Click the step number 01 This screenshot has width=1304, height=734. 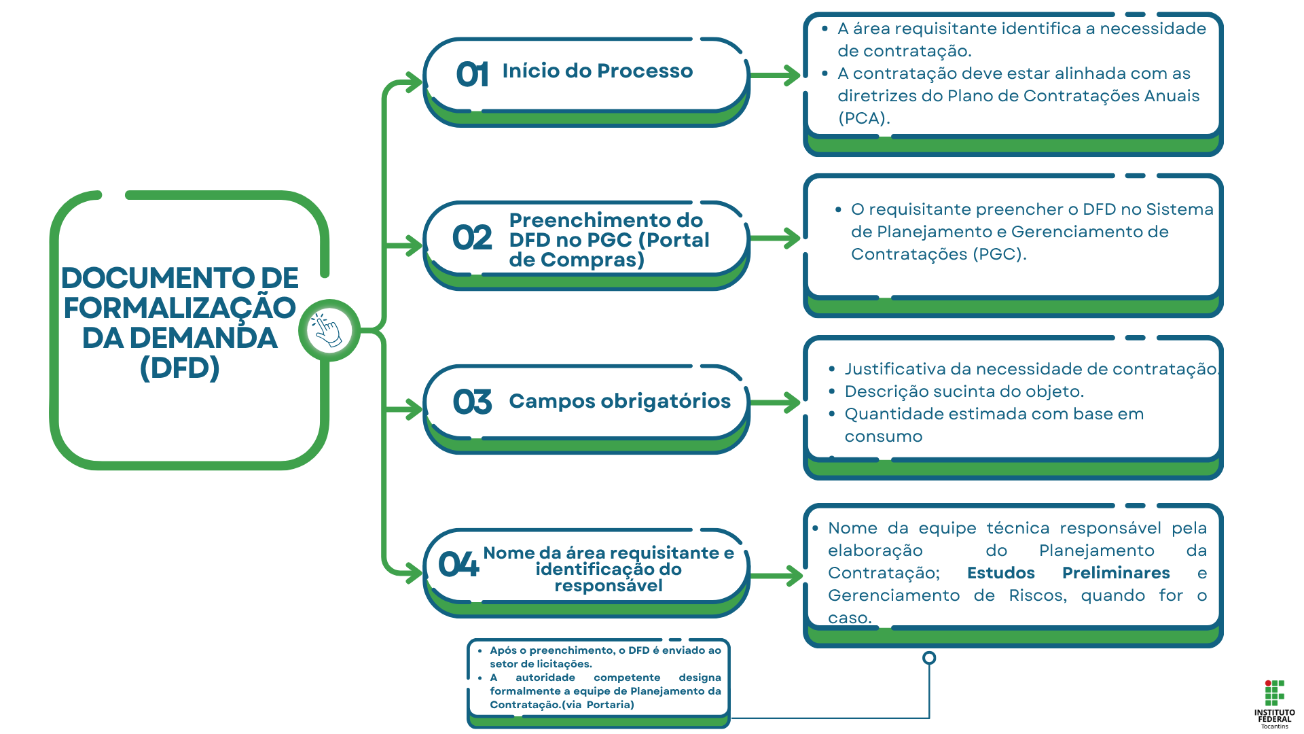click(472, 74)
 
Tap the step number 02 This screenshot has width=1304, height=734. click(472, 238)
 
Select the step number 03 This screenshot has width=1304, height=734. click(472, 402)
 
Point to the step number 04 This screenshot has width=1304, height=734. click(458, 565)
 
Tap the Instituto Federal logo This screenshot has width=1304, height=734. click(1274, 704)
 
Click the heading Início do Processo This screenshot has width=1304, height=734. click(597, 71)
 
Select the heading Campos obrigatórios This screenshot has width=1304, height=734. click(619, 401)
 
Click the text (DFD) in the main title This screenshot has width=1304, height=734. click(179, 368)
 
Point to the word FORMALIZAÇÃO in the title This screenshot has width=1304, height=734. click(179, 308)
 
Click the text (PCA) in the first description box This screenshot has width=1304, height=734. click(863, 118)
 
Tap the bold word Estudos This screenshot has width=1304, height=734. click(1000, 573)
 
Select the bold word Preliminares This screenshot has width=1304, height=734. click(1115, 573)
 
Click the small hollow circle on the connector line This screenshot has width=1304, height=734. click(929, 658)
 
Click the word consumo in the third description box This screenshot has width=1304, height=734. click(883, 436)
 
